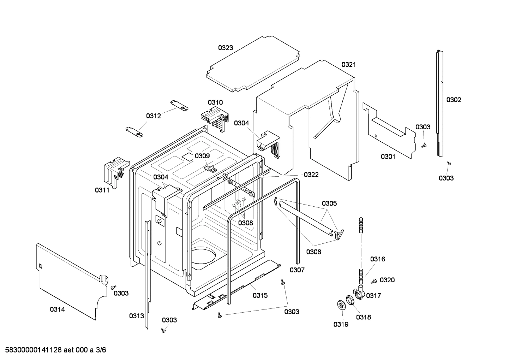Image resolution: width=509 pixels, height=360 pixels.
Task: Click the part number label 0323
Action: (225, 48)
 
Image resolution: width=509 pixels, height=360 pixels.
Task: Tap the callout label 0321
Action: (348, 65)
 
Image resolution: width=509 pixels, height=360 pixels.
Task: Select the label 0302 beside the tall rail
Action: (454, 100)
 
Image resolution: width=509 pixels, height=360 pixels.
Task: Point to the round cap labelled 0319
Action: (341, 305)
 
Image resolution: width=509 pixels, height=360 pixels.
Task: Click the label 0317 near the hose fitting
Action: (373, 296)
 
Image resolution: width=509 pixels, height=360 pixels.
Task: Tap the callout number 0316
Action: (377, 259)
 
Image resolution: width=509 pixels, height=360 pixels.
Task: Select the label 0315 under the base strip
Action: (260, 295)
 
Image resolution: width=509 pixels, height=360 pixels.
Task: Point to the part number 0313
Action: (136, 316)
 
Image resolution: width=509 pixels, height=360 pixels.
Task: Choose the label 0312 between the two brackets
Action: (154, 116)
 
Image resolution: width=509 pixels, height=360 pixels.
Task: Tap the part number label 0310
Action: (215, 102)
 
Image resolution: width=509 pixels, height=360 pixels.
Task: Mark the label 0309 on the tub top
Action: (202, 156)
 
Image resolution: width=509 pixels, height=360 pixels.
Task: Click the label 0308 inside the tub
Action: (245, 223)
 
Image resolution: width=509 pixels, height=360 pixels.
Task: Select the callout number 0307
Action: (297, 270)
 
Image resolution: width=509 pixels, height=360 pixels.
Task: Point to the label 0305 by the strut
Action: (329, 203)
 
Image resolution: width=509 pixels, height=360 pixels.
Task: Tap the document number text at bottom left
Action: (55, 350)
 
